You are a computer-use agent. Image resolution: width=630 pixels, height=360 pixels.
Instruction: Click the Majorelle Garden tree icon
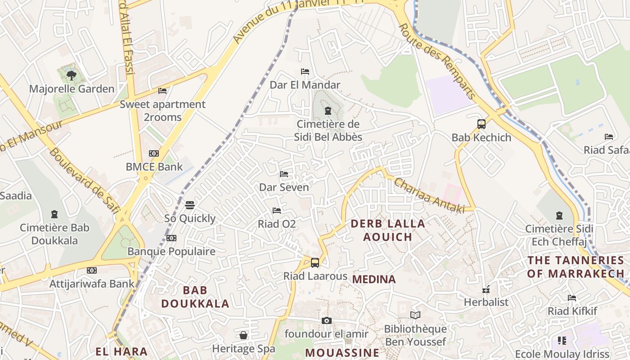(x=71, y=75)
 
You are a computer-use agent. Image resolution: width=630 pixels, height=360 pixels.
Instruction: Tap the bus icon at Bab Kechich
(x=481, y=124)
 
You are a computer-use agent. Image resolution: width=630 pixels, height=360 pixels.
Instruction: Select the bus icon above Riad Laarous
(x=315, y=262)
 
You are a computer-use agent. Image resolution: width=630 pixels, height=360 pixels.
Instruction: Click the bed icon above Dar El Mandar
(x=305, y=72)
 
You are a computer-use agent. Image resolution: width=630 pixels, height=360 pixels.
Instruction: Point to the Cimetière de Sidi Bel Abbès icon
(x=328, y=111)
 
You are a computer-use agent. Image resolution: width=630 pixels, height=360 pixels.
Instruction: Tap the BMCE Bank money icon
(x=154, y=153)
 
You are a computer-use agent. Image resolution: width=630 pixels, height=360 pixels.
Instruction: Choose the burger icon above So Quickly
(x=190, y=205)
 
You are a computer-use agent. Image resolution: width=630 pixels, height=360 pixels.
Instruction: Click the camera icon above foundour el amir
(x=327, y=320)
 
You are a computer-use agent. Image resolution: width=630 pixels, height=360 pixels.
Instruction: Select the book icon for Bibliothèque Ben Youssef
(x=415, y=315)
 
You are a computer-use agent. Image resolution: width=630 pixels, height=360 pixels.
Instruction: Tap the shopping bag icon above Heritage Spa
(x=243, y=335)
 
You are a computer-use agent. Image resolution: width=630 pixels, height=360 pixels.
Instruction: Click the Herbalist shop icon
(x=486, y=289)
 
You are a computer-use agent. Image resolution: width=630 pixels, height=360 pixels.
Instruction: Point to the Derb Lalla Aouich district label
(x=387, y=230)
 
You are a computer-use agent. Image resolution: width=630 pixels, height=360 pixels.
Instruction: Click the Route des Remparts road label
(x=437, y=61)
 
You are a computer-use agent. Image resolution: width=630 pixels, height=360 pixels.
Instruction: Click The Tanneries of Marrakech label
(x=576, y=266)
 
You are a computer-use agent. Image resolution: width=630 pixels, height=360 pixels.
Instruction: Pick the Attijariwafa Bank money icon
(x=92, y=270)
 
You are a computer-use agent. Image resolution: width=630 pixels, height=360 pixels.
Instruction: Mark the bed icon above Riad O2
(x=277, y=210)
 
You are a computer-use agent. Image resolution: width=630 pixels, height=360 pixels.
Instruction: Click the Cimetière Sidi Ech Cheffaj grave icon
(x=559, y=216)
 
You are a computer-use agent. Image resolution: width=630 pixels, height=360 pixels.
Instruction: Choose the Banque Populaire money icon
(x=171, y=238)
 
